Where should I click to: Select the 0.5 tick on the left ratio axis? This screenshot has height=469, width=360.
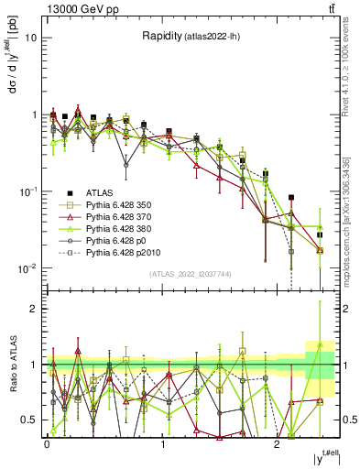tap(28, 420)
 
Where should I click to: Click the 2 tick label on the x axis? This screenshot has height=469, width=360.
tap(277, 444)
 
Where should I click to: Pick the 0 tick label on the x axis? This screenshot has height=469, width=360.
tap(47, 444)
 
